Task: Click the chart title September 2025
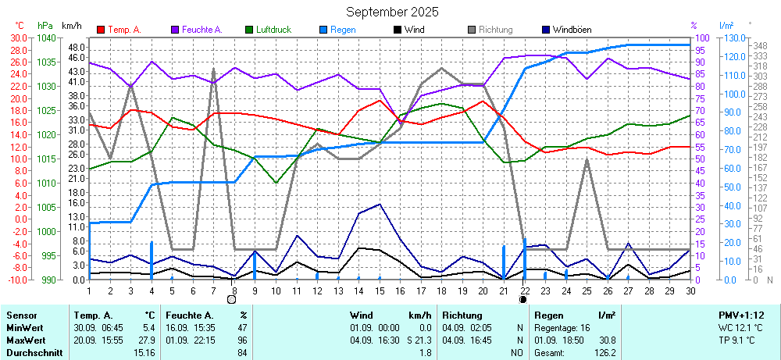pyautogui.click(x=392, y=12)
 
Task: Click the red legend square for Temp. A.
pyautogui.click(x=101, y=30)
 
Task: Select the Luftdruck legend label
pyautogui.click(x=273, y=30)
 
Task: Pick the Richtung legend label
pyautogui.click(x=495, y=30)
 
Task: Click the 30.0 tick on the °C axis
pyautogui.click(x=18, y=37)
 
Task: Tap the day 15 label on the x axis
pyautogui.click(x=380, y=290)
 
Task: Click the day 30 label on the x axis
pyautogui.click(x=690, y=290)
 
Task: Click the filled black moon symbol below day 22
pyautogui.click(x=523, y=299)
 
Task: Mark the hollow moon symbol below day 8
pyautogui.click(x=231, y=299)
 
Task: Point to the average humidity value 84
pyautogui.click(x=242, y=352)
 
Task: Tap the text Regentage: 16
pyautogui.click(x=562, y=327)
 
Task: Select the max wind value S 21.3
pyautogui.click(x=418, y=340)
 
